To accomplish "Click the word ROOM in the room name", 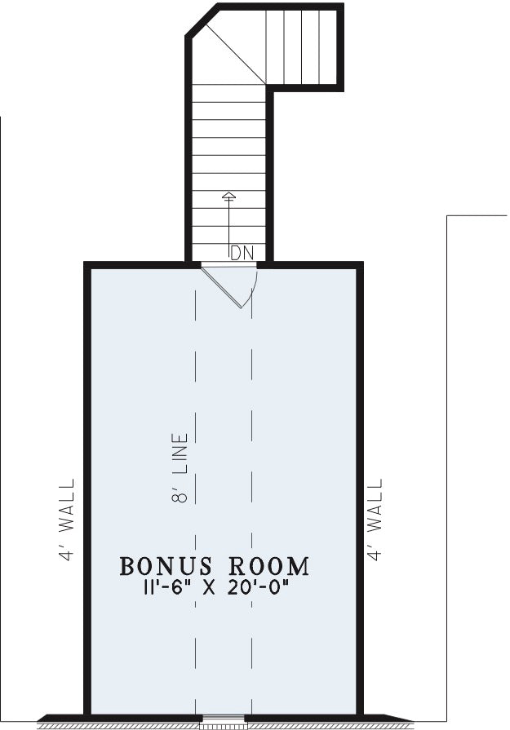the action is (x=269, y=567).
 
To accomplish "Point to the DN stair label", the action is (x=242, y=253).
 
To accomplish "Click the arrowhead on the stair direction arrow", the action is (x=228, y=196).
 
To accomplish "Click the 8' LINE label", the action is (x=180, y=468).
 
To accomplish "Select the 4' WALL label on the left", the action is (x=67, y=519).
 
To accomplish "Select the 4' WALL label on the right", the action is (x=375, y=519).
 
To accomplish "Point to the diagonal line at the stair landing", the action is (x=235, y=54).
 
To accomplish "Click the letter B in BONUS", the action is (x=127, y=567).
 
